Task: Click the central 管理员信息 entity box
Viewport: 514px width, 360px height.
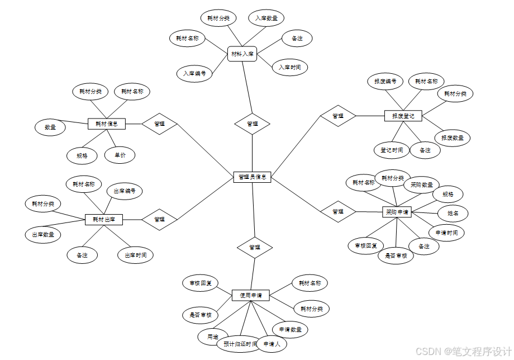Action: [x=252, y=177]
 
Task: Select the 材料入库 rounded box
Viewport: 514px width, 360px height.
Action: [x=242, y=54]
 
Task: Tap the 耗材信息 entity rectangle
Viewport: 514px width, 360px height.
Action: [x=107, y=124]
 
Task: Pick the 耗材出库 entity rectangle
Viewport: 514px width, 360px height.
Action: [x=104, y=220]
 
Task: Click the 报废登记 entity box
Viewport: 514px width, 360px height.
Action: [x=403, y=116]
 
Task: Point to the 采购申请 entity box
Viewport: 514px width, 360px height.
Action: [x=397, y=212]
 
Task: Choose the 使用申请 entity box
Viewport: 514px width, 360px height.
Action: [x=251, y=295]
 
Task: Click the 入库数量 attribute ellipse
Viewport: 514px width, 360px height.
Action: [x=266, y=18]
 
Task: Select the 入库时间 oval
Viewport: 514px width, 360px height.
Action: [x=289, y=68]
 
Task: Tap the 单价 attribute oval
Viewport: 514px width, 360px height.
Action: [x=120, y=155]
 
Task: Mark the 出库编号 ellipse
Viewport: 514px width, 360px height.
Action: [x=125, y=191]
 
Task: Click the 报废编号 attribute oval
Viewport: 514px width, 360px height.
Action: [x=385, y=82]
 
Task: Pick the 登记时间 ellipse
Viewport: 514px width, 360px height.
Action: [x=392, y=150]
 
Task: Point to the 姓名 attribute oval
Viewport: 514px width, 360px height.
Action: [x=453, y=213]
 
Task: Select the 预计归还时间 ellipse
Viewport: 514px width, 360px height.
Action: [x=240, y=344]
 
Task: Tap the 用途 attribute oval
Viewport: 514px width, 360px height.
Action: [x=212, y=337]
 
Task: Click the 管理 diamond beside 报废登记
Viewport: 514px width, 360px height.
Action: [x=338, y=116]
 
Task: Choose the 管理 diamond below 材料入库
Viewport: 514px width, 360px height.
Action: [x=252, y=124]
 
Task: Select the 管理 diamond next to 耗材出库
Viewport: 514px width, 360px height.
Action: [x=159, y=220]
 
